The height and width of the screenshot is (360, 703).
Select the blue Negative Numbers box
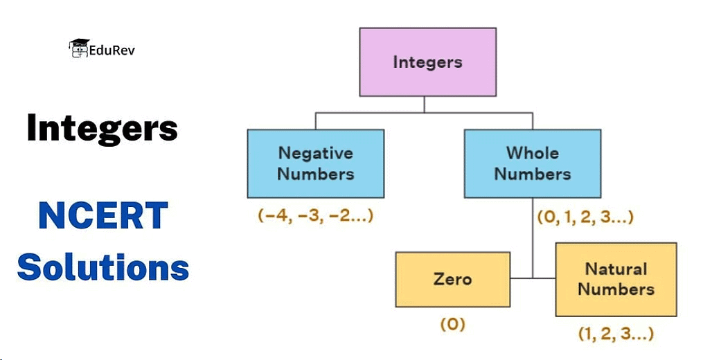[x=315, y=163]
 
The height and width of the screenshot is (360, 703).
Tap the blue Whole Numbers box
[x=532, y=163]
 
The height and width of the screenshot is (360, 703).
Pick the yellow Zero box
[x=452, y=279]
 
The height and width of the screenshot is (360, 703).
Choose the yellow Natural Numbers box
[x=616, y=279]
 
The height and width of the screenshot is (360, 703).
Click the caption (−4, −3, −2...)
[x=316, y=215]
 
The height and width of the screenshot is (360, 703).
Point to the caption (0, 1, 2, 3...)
[x=585, y=217]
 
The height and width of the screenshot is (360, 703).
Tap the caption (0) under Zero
[x=452, y=323]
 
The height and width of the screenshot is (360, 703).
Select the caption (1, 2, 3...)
[x=616, y=334]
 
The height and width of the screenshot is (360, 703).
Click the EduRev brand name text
[x=112, y=50]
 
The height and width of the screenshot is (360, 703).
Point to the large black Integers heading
[x=103, y=129]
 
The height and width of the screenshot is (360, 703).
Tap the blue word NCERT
[x=103, y=217]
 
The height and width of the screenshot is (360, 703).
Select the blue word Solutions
[x=103, y=266]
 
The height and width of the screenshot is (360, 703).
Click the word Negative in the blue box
[x=315, y=153]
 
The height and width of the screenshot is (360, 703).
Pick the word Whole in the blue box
[x=532, y=153]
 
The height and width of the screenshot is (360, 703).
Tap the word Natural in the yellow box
[x=616, y=269]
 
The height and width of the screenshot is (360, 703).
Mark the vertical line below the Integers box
[x=425, y=104]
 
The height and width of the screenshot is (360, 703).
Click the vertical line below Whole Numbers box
[x=533, y=239]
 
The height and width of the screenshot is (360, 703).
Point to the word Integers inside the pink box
[x=427, y=62]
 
